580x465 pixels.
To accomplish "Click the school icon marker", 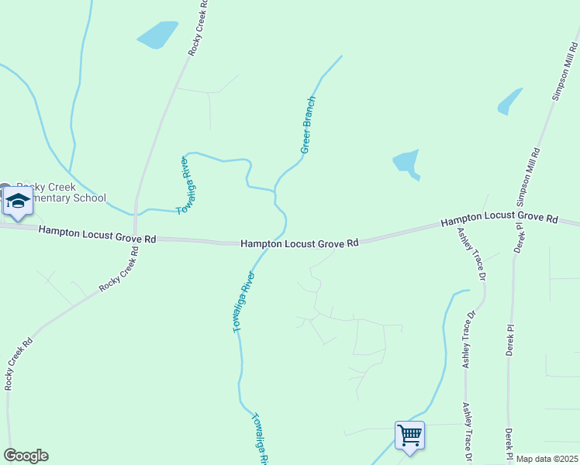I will [17, 202].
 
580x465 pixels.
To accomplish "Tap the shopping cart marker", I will [409, 434].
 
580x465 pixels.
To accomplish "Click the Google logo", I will [26, 456].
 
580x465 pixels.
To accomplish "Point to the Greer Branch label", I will [309, 125].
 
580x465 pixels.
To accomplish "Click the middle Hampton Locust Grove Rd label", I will [299, 243].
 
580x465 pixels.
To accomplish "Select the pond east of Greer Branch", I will [406, 161].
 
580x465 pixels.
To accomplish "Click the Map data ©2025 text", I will [547, 459].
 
